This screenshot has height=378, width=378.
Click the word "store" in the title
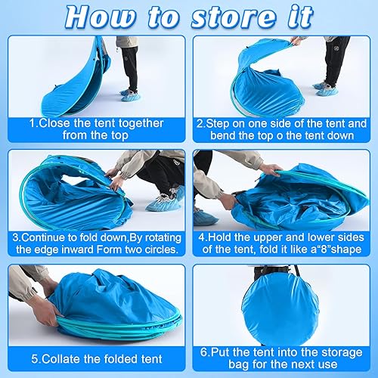tap(234, 17)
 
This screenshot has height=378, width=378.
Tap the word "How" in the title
tap(101, 17)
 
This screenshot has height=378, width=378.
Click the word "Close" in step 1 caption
tap(54, 123)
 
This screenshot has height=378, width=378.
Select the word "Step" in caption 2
tap(218, 124)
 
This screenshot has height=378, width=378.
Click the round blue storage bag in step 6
tap(280, 308)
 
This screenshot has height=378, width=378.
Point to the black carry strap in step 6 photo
tap(297, 272)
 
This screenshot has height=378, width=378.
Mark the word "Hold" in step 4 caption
tap(220, 237)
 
